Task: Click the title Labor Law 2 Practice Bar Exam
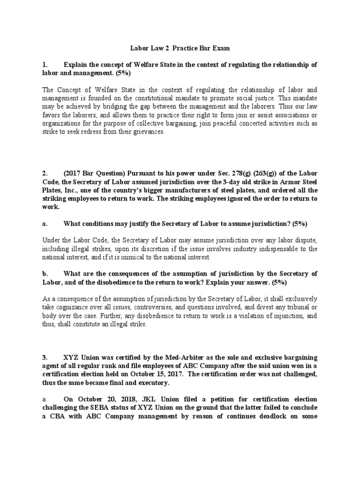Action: [180, 48]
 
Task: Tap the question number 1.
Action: [45, 64]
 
